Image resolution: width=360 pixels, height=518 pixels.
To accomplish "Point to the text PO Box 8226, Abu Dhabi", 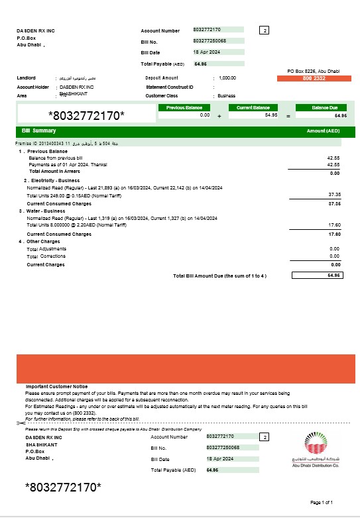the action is tap(314, 71).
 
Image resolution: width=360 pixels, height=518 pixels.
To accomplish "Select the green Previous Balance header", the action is tap(184, 107).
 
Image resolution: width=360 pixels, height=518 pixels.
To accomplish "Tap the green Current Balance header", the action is tap(253, 107).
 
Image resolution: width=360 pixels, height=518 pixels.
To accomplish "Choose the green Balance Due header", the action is tap(322, 107).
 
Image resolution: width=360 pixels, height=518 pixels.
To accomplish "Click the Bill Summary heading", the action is tap(39, 130).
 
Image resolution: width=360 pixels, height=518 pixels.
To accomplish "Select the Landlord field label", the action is tap(26, 78).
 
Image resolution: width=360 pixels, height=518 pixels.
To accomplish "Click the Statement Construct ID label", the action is tap(169, 87).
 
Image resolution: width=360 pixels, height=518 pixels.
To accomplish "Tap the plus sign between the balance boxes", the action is tap(219, 116).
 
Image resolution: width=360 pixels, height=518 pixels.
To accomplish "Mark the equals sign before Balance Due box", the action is tap(288, 116).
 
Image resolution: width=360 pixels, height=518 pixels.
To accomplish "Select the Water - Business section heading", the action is tap(47, 211).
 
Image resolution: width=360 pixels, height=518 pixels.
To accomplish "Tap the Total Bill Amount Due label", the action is tap(219, 275).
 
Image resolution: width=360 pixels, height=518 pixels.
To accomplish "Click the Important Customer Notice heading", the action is tap(57, 386).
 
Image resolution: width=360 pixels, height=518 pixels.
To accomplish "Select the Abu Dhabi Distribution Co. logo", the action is tap(314, 450).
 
